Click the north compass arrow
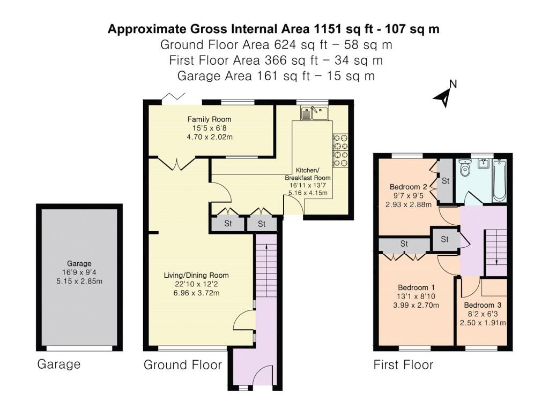click(443, 97)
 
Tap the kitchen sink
click(314, 113)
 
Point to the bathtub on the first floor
click(500, 180)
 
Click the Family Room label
click(210, 119)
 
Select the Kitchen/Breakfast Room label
click(308, 174)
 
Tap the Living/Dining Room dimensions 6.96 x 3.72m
click(196, 293)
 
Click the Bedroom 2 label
click(408, 187)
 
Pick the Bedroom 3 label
click(483, 305)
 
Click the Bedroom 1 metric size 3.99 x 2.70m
click(416, 305)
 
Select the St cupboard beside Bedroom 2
click(446, 181)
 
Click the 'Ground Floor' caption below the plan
click(183, 365)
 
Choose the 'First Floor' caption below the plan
click(403, 365)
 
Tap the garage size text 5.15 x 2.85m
click(79, 281)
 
